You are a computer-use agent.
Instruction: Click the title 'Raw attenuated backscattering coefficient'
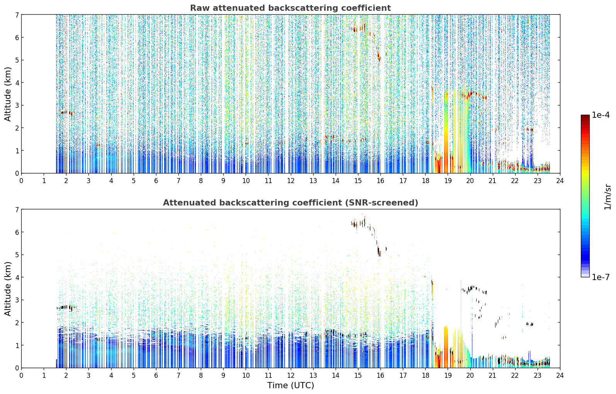[x=290, y=8]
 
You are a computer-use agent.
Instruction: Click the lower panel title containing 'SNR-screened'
[x=290, y=202]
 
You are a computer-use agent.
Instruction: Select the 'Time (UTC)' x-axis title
[x=290, y=385]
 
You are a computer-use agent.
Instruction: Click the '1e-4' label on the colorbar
[x=600, y=115]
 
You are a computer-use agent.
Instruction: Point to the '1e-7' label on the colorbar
[x=600, y=277]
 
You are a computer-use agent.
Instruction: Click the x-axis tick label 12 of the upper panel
[x=291, y=181]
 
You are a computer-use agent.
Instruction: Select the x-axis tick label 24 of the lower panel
[x=560, y=375]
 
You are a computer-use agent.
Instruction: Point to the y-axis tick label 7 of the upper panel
[x=17, y=15]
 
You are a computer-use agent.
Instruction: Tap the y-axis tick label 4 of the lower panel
[x=17, y=277]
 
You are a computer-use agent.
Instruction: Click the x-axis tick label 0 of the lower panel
[x=22, y=375]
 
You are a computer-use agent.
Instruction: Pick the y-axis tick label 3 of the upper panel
[x=17, y=105]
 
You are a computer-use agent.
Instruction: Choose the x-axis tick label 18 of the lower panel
[x=426, y=375]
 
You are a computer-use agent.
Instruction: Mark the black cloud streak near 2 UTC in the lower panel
[x=66, y=307]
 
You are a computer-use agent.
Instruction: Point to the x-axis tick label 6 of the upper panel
[x=156, y=181]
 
